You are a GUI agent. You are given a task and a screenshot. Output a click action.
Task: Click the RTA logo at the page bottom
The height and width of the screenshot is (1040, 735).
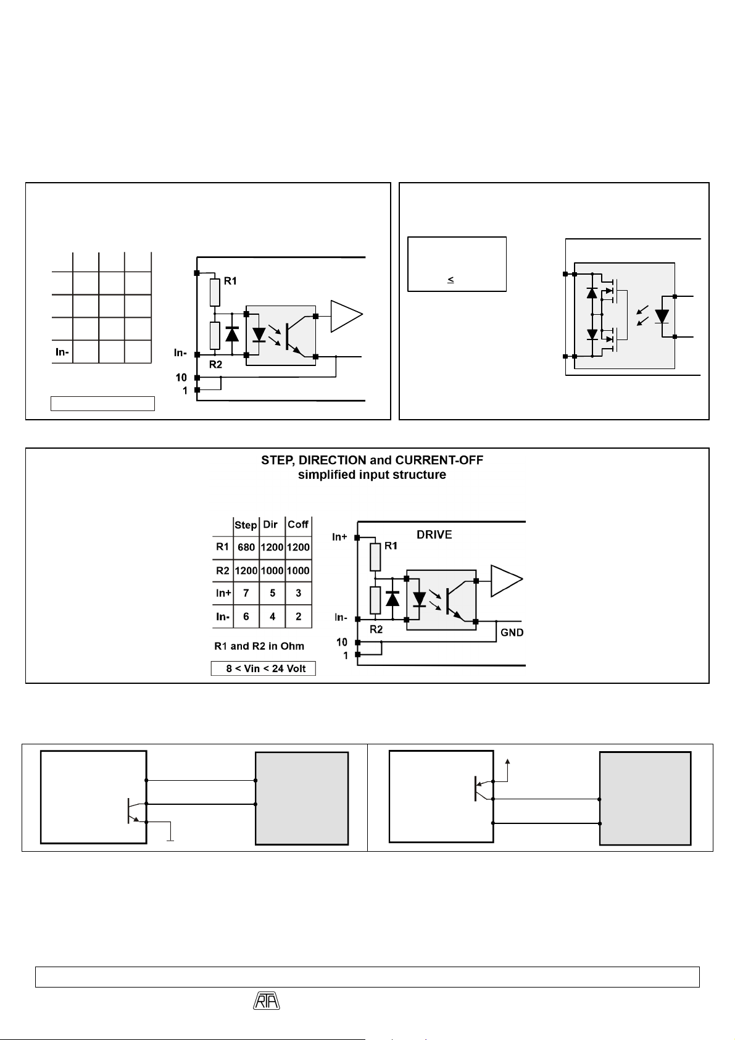[267, 1000]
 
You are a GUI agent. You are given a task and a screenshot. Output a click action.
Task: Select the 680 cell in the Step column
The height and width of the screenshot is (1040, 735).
[246, 547]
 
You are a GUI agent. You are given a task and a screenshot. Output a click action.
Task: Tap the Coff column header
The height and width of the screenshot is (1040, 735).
[298, 524]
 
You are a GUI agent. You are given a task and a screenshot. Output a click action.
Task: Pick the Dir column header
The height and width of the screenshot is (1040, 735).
[270, 524]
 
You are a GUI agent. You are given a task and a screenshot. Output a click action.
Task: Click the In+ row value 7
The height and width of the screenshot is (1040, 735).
[246, 593]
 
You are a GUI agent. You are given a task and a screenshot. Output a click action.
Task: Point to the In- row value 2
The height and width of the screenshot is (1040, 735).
[299, 617]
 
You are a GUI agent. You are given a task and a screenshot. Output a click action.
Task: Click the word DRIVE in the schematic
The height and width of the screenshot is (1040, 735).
[434, 535]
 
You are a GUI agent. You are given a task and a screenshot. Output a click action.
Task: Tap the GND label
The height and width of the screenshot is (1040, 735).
[512, 633]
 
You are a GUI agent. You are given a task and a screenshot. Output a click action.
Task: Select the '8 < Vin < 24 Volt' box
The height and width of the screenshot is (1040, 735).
[264, 668]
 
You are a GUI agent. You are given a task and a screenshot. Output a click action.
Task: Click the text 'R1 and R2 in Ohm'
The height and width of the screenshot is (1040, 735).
[259, 646]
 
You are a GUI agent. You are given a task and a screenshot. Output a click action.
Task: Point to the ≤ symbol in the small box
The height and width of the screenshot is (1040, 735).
[451, 280]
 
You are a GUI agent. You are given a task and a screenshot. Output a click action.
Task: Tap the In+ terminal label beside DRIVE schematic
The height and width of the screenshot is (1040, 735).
[339, 537]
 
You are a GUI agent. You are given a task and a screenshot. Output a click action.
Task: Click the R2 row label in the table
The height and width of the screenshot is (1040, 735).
[222, 570]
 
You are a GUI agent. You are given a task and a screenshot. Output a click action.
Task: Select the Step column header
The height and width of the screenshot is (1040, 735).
[246, 525]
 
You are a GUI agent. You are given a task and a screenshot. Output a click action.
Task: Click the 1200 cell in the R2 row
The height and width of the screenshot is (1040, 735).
[246, 570]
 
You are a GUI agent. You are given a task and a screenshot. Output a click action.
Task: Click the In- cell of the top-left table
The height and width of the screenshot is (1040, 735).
[62, 352]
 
